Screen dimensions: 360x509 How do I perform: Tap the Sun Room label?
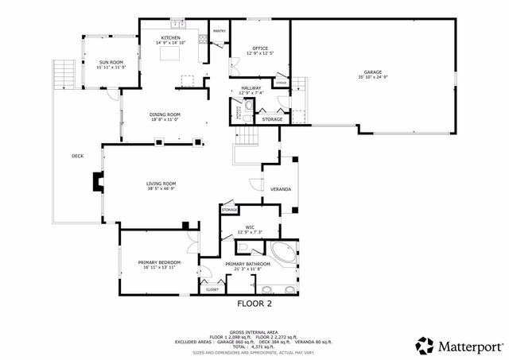point(111,62)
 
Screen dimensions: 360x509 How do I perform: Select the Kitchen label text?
point(171,37)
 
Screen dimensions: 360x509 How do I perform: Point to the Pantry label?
point(219,31)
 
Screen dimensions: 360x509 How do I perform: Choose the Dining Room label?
point(165,114)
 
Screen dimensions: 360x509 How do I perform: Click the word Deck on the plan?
point(77,156)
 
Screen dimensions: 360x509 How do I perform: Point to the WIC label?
point(249,226)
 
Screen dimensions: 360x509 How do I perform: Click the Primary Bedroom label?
point(159,262)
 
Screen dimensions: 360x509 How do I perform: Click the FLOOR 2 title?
point(254,304)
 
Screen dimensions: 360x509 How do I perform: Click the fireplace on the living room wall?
point(96,184)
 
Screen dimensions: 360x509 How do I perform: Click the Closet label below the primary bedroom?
point(212,289)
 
